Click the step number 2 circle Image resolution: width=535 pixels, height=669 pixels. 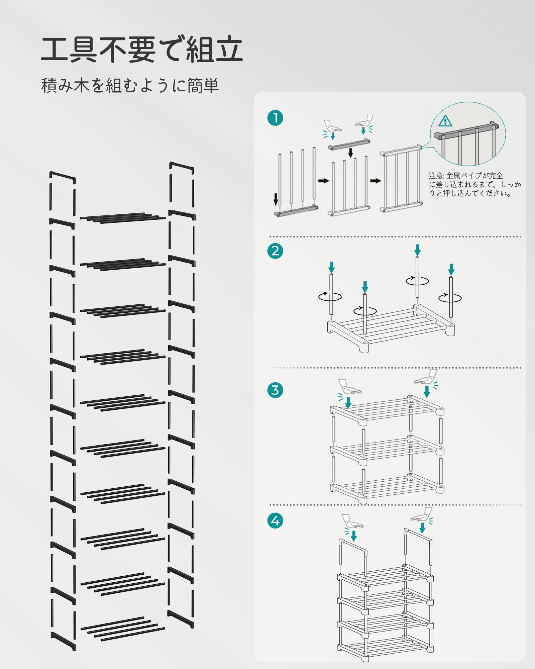(275, 251)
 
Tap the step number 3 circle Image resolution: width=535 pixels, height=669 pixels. (275, 390)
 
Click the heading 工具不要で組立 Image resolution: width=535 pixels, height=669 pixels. (142, 50)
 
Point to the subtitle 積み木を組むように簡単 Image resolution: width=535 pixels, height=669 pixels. (130, 86)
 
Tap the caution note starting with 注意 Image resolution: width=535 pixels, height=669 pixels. (475, 184)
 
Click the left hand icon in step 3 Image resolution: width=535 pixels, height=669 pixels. (349, 387)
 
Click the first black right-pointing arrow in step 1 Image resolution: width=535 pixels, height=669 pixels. (323, 181)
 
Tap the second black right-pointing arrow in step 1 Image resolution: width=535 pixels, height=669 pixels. (376, 181)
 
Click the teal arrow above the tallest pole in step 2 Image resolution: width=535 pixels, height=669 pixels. (417, 250)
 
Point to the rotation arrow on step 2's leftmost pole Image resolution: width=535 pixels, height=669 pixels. (330, 296)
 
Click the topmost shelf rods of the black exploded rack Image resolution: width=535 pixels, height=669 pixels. (123, 217)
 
